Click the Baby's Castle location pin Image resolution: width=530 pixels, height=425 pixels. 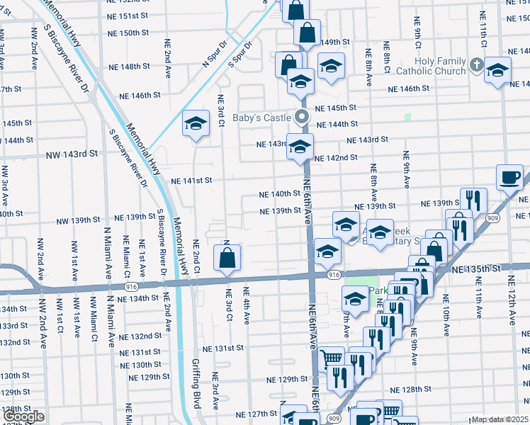[302, 117]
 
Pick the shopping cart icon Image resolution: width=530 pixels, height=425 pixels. [330, 358]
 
